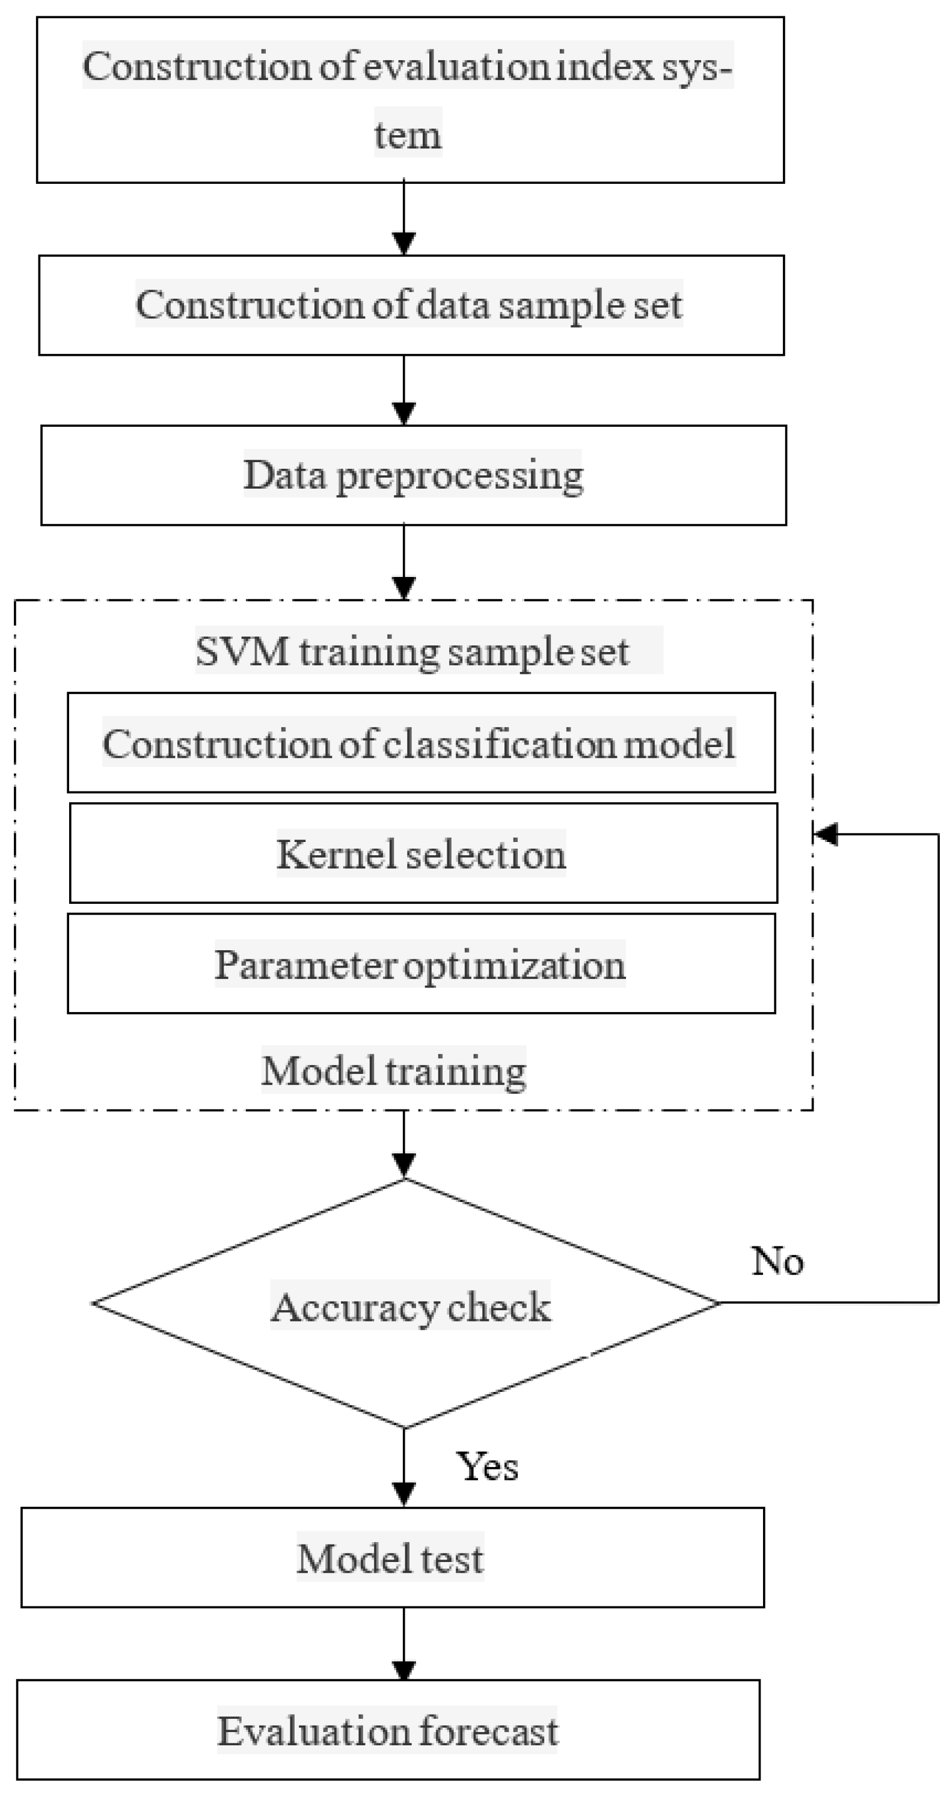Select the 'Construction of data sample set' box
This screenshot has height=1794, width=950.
(411, 305)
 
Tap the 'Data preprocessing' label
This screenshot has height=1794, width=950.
(413, 475)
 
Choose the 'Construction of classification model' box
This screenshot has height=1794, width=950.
(421, 743)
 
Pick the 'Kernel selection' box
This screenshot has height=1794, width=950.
(422, 853)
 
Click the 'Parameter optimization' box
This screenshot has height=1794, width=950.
(421, 964)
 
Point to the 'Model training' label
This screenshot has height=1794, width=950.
(393, 1070)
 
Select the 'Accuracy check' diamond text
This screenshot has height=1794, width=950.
(411, 1307)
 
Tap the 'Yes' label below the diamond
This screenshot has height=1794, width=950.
(487, 1466)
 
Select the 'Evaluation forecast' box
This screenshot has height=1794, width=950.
(388, 1731)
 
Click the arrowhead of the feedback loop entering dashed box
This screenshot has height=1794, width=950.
(826, 834)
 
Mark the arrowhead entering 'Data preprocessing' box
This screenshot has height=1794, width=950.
(404, 412)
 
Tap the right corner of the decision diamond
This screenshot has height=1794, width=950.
(717, 1302)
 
